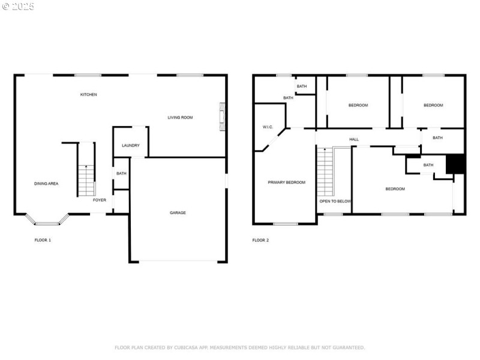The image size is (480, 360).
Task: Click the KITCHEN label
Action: (88, 95)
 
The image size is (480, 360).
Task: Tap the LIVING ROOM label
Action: (180, 118)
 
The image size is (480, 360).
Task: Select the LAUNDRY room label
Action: (131, 145)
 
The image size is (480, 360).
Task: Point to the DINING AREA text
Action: (46, 184)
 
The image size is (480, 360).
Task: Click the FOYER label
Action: (100, 200)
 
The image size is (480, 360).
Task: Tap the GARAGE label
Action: (178, 213)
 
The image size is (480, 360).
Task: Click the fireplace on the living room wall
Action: (223, 117)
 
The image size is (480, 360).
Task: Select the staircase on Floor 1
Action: (86, 181)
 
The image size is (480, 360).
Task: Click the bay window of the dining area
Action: (47, 220)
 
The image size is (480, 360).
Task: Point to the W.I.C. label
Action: (268, 127)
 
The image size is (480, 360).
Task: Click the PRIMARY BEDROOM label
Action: (287, 182)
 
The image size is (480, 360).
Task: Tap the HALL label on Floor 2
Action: (354, 139)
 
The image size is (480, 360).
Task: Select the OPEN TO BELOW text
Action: (335, 202)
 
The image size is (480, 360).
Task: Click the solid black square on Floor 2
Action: (455, 164)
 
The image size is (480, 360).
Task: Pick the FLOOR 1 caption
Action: (43, 241)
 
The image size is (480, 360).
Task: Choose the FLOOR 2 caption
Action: (260, 241)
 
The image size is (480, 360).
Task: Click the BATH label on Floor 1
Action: (121, 173)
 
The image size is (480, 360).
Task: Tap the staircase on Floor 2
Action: (325, 172)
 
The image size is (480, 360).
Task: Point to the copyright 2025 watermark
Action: (18, 7)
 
